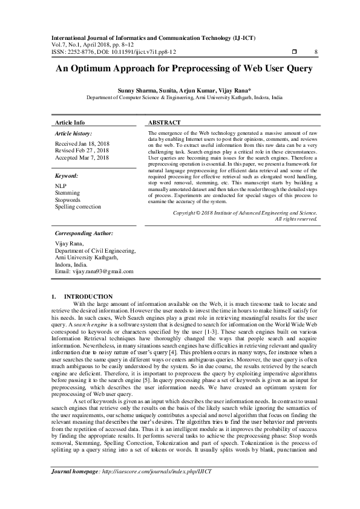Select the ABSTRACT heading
[x=164, y=122]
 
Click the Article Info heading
[x=70, y=122]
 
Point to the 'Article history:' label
[x=73, y=132]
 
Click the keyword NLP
[x=61, y=186]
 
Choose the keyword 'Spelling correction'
[x=78, y=207]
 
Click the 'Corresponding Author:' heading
[x=83, y=232]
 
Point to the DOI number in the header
[x=128, y=51]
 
